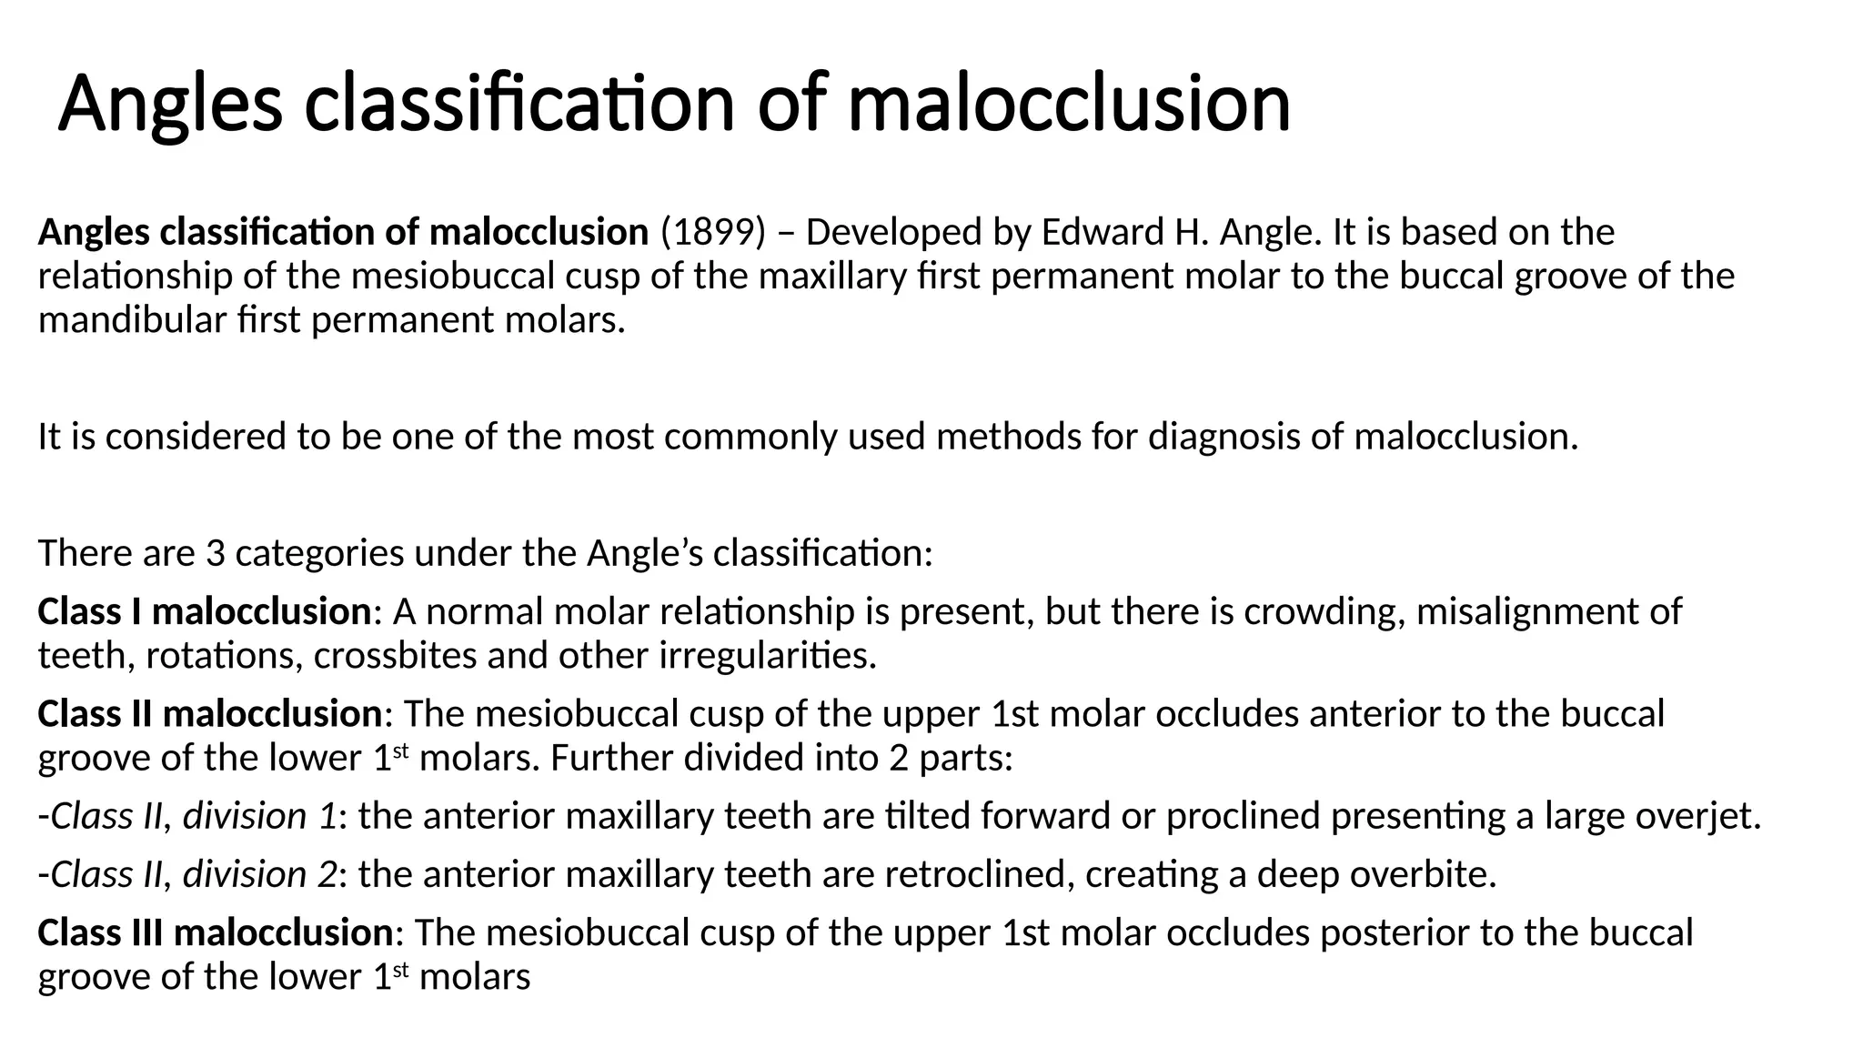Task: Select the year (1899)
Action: pyautogui.click(x=713, y=233)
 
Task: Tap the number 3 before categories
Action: pyautogui.click(x=216, y=553)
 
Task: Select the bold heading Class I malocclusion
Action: pyautogui.click(x=204, y=611)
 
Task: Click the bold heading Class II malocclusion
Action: pyautogui.click(x=209, y=714)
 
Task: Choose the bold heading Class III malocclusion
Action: pyautogui.click(x=215, y=933)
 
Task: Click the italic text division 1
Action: pyautogui.click(x=259, y=816)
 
